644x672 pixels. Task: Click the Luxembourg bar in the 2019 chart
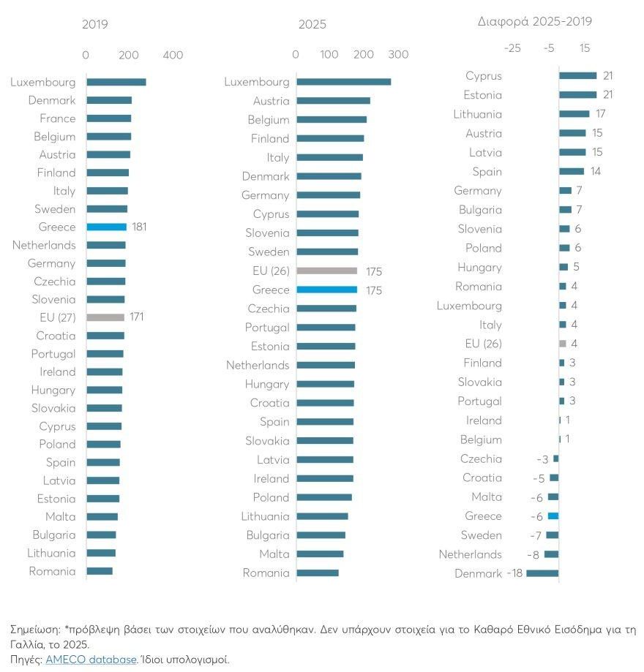point(116,82)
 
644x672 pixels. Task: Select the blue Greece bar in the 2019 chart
point(107,227)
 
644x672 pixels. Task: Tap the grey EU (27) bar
point(105,317)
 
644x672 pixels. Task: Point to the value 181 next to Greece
point(140,227)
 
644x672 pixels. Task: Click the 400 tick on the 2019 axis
point(173,56)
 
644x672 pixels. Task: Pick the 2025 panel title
point(312,24)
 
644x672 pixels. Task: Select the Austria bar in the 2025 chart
point(334,101)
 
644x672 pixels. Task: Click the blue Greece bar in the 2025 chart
point(327,290)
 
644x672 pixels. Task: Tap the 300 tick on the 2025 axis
point(398,55)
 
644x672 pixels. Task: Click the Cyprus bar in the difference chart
point(578,75)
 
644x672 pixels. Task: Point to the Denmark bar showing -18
point(542,573)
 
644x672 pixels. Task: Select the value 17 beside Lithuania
point(600,114)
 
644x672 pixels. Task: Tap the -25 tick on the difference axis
point(512,48)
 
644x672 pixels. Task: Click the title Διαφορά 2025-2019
point(534,22)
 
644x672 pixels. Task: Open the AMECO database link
point(91,659)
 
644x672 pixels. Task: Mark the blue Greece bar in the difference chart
point(553,516)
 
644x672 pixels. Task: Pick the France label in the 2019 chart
point(58,118)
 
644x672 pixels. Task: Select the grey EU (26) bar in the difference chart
point(563,344)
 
